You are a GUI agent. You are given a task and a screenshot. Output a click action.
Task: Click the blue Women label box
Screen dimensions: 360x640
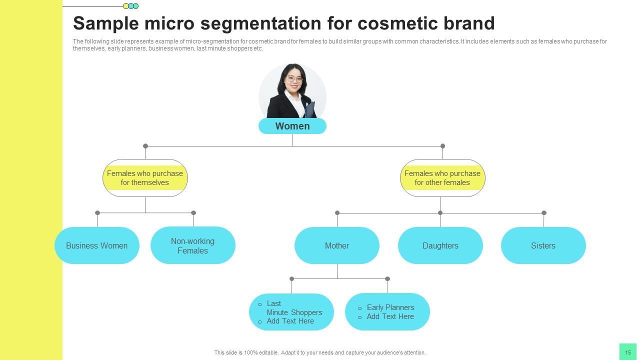coord(292,126)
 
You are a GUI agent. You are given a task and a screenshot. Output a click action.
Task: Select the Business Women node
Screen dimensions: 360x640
coord(97,245)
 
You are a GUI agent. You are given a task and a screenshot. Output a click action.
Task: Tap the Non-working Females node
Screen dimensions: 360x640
coord(193,245)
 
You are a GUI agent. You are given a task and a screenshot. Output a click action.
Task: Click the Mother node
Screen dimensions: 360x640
coord(337,245)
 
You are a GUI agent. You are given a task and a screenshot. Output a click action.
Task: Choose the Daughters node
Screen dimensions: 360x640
coord(440,245)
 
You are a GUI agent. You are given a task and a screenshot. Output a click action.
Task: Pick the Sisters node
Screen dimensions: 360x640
coord(543,245)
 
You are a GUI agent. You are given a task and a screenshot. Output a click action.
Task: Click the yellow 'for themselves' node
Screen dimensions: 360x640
coord(145,178)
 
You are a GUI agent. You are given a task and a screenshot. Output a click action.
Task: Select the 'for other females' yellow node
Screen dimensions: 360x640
coord(442,178)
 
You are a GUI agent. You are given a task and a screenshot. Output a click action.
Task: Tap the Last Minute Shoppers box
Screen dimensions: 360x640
coord(291,312)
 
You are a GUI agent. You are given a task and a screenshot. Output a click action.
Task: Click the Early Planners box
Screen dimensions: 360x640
coord(387,312)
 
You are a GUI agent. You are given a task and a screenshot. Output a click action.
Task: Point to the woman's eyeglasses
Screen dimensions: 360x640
coord(294,79)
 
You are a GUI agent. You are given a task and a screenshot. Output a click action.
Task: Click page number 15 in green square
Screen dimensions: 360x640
coord(628,352)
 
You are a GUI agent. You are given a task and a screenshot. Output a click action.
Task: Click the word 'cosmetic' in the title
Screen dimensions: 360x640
coord(398,23)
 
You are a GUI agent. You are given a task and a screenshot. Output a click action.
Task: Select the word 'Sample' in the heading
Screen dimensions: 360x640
coord(105,23)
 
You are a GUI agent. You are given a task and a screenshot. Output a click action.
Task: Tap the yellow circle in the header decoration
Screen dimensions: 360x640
coord(126,6)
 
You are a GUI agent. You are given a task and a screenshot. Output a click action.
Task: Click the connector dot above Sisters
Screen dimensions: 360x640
coord(544,213)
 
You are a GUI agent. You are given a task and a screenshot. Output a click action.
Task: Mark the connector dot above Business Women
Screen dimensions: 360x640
coord(97,213)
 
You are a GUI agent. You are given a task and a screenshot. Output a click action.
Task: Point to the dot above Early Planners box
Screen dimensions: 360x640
coord(387,279)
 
